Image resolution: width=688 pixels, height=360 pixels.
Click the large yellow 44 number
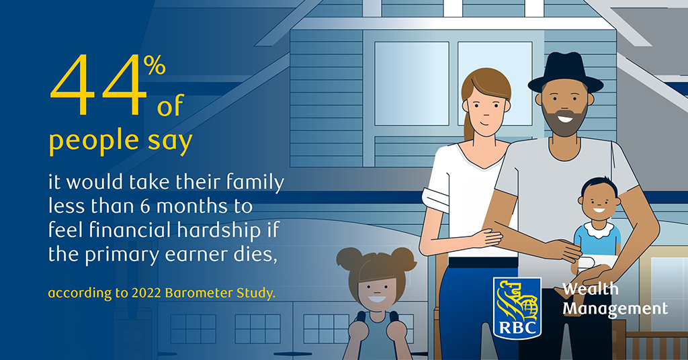tap(98, 85)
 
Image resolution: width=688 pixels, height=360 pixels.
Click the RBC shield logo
tap(517, 308)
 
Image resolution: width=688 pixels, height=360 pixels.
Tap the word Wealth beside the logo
tap(590, 289)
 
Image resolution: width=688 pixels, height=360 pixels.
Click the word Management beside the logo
tap(615, 309)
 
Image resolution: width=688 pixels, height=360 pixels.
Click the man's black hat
tap(565, 73)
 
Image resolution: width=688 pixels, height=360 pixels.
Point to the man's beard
tap(564, 120)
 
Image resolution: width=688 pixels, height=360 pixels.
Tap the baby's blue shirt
tap(597, 240)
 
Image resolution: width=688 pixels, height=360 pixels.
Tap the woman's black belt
tap(482, 263)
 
